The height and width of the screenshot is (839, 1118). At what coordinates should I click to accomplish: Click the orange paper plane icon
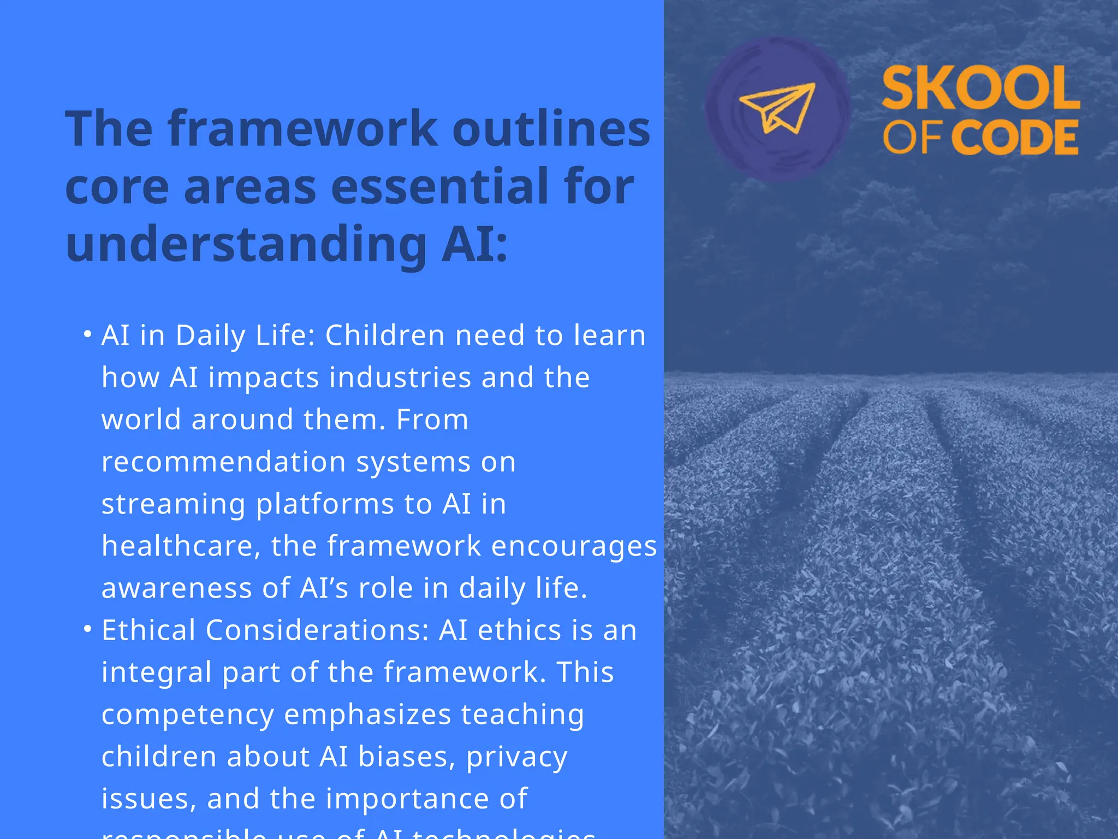click(777, 108)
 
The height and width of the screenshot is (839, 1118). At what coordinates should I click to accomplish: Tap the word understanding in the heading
click(246, 244)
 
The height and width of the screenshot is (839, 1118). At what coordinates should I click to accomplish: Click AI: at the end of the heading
click(474, 244)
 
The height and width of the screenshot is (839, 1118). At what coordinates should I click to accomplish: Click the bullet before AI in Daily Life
click(87, 333)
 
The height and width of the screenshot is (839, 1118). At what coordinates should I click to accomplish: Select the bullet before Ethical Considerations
click(87, 629)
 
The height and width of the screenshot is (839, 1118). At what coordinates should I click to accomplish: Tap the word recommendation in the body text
click(224, 462)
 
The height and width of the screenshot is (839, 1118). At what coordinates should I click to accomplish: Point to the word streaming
click(173, 504)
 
